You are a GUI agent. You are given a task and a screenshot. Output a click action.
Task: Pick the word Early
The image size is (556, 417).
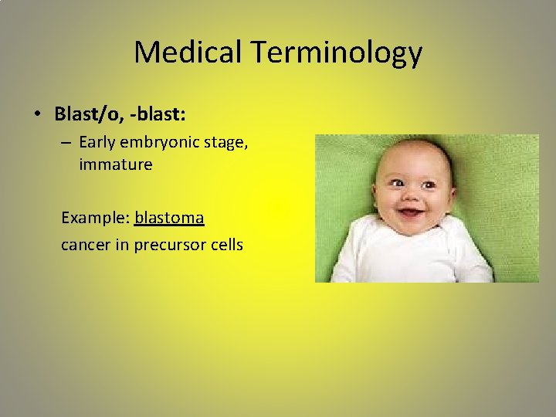coord(97,143)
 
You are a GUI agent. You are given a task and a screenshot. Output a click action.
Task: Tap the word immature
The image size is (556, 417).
coord(115,164)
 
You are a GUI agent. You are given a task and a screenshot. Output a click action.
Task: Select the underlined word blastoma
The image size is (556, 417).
coord(169,218)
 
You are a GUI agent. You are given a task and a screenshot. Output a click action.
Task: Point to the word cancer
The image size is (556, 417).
coord(85,246)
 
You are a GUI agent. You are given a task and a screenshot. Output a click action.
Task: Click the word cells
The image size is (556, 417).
coord(225,245)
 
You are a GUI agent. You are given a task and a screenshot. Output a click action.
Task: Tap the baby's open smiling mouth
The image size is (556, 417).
coord(410,211)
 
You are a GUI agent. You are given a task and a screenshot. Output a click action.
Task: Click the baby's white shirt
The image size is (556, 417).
coord(409,255)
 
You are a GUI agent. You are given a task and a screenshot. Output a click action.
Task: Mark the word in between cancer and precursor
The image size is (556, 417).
coord(121,245)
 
